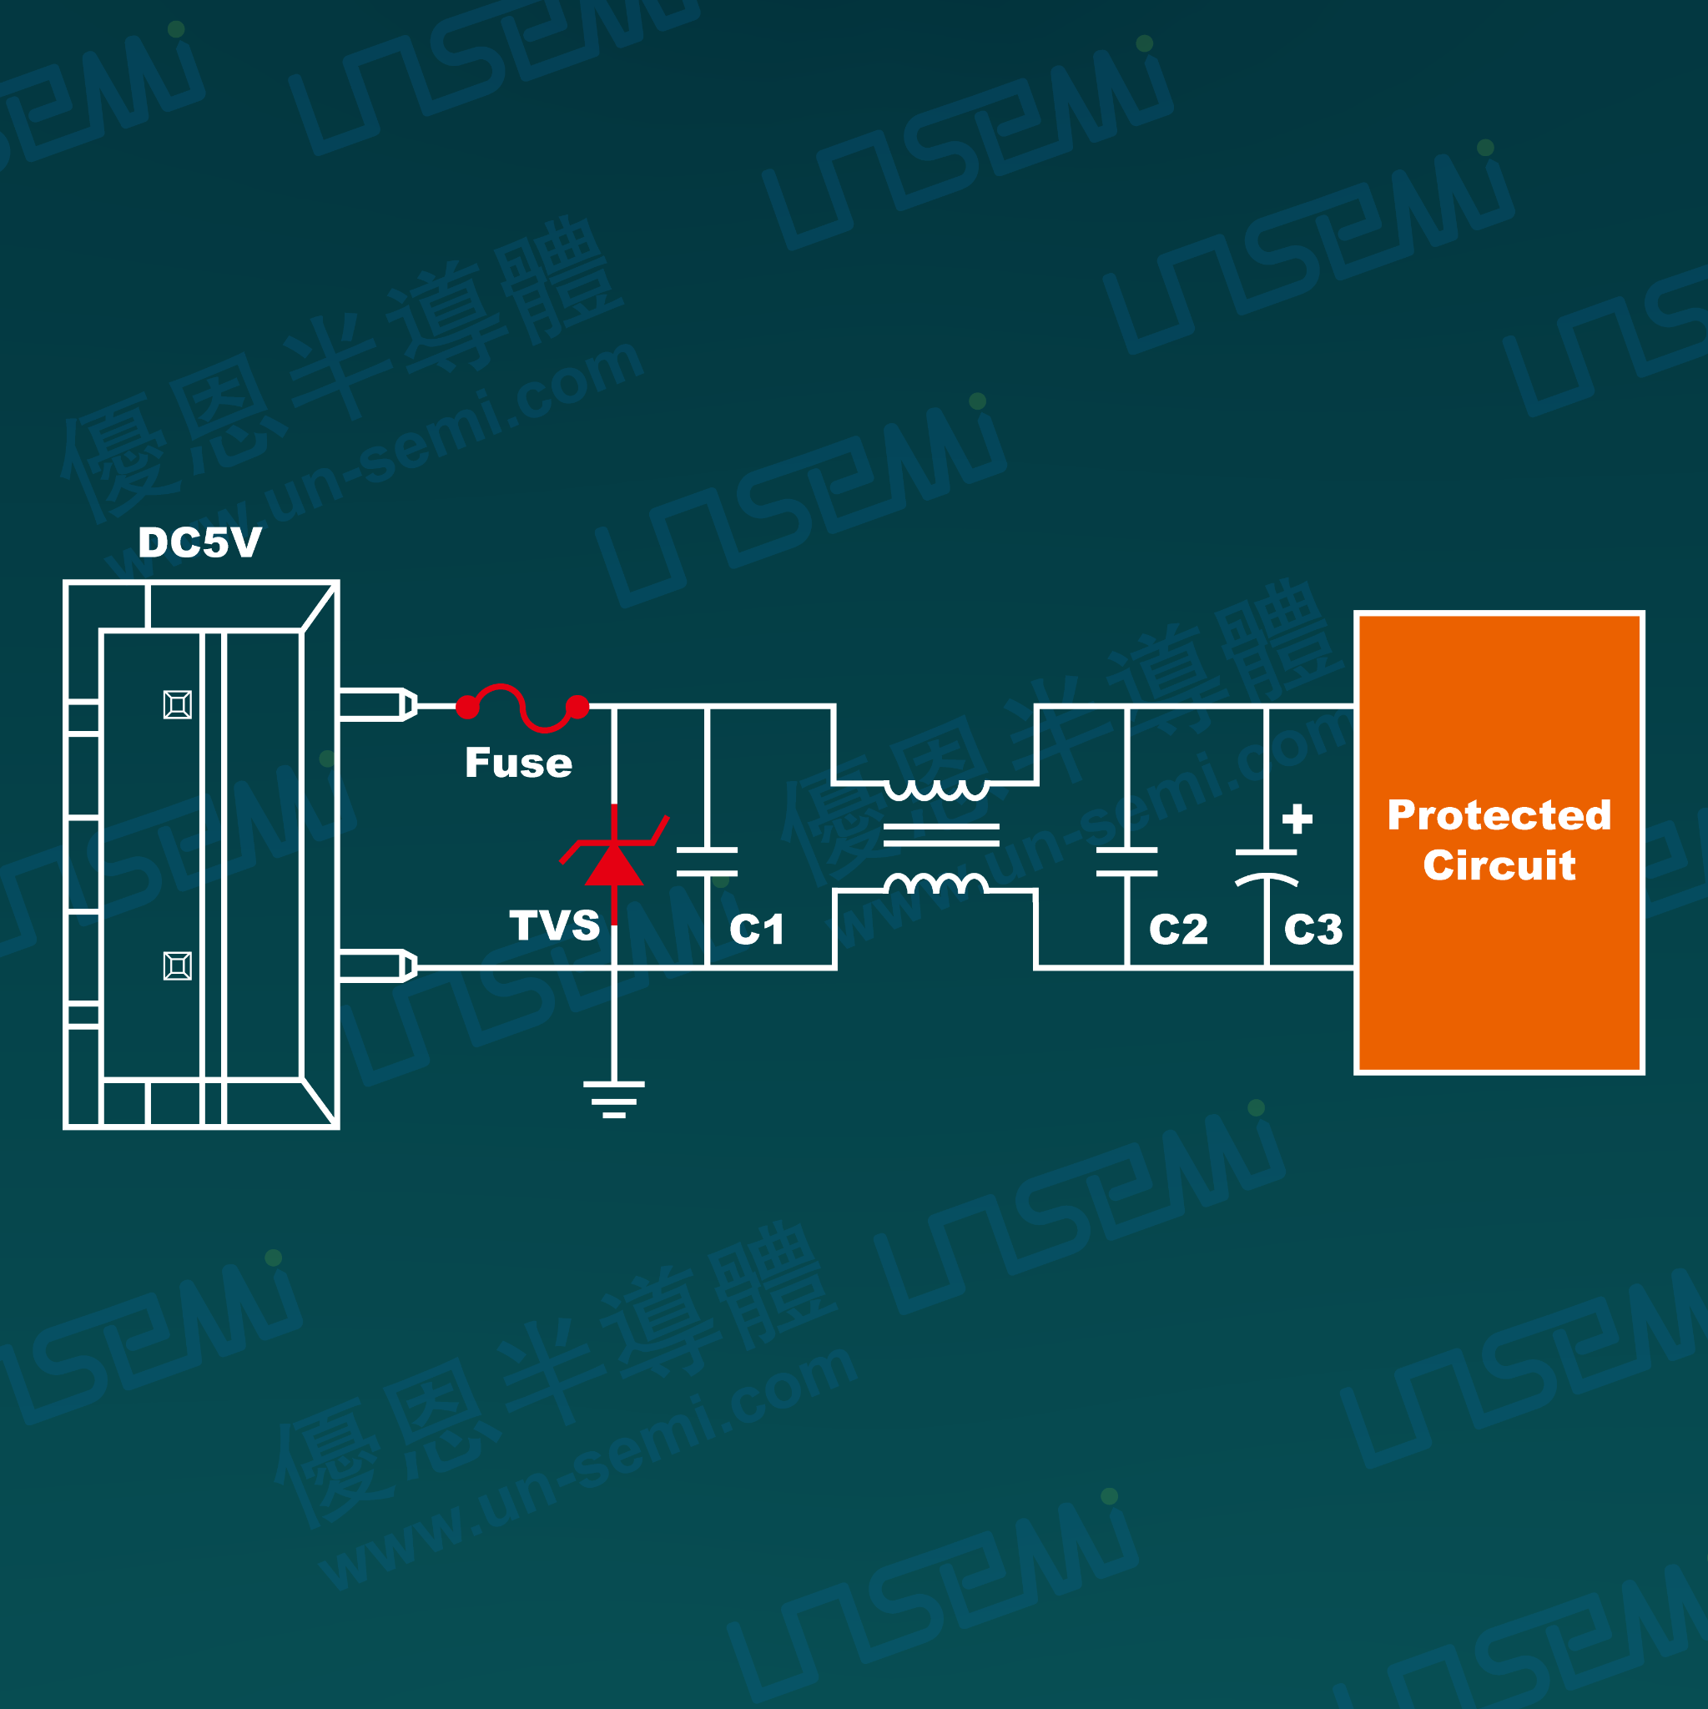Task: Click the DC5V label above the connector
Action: click(x=200, y=542)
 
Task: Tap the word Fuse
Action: click(x=519, y=763)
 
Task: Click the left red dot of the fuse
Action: click(x=467, y=707)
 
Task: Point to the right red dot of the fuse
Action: click(x=577, y=707)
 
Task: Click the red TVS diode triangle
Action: click(x=614, y=865)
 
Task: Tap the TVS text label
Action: click(x=555, y=925)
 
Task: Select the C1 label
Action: click(x=757, y=930)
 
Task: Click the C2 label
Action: click(x=1178, y=930)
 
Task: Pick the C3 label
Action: click(x=1313, y=930)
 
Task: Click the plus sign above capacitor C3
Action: click(x=1297, y=819)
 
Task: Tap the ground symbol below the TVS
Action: click(x=614, y=1101)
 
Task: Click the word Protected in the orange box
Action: click(x=1499, y=815)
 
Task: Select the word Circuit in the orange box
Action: click(x=1499, y=865)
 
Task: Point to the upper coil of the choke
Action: click(x=937, y=790)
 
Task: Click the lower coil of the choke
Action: click(x=937, y=883)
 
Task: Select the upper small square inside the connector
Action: click(x=178, y=705)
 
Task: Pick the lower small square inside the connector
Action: click(x=178, y=966)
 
